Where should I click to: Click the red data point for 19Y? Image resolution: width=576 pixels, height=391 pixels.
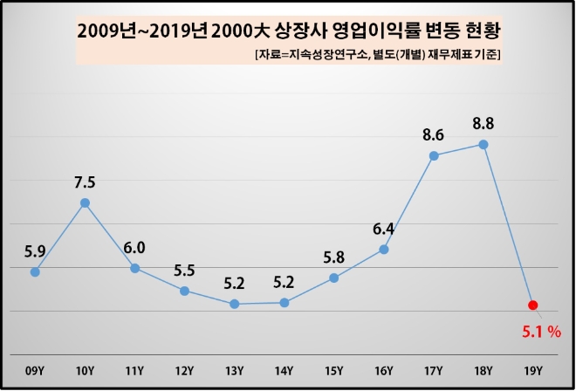(533, 305)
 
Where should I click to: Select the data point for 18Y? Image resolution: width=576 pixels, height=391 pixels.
(483, 144)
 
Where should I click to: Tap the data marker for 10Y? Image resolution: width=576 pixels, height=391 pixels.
(85, 202)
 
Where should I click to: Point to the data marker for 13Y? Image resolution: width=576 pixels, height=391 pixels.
(235, 304)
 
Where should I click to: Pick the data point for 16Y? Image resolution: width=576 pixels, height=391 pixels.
(384, 250)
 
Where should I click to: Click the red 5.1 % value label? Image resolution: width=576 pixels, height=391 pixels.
(541, 332)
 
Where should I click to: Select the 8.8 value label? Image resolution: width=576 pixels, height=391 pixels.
(483, 119)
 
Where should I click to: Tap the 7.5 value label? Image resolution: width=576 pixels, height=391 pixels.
(85, 182)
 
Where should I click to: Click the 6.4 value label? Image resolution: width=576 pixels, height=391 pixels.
(384, 230)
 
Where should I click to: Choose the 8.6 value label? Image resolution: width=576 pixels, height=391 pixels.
(433, 134)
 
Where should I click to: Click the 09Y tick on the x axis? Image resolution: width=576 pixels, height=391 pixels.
(35, 371)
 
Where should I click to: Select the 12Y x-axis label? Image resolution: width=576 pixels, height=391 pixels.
(184, 371)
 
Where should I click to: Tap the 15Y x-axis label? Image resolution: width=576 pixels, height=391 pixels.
(334, 371)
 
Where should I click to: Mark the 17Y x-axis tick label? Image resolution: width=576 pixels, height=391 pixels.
(434, 371)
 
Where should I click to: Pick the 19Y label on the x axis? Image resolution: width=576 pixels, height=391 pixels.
(533, 371)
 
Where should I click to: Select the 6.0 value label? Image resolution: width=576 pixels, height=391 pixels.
(134, 248)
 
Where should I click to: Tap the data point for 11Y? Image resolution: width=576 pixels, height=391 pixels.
(135, 268)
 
